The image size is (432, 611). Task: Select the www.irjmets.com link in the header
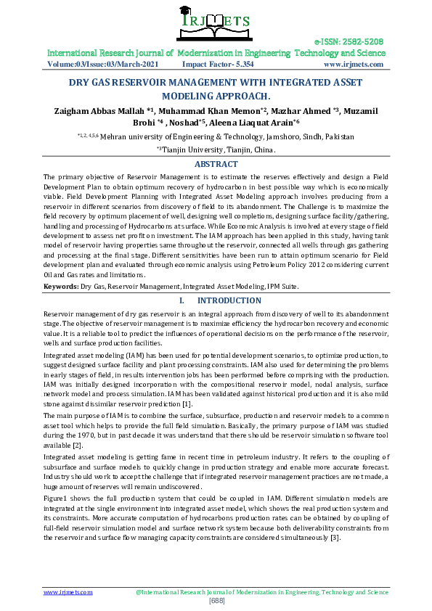tap(353, 64)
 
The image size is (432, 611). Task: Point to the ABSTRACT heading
tap(216, 164)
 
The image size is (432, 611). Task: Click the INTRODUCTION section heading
tap(229, 300)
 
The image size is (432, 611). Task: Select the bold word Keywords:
tap(61, 287)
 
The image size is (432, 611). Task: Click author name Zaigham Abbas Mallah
tap(99, 110)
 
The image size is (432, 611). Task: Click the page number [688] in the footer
tap(216, 601)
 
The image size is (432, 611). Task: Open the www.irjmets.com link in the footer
tap(68, 592)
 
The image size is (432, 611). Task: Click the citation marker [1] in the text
tap(187, 403)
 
